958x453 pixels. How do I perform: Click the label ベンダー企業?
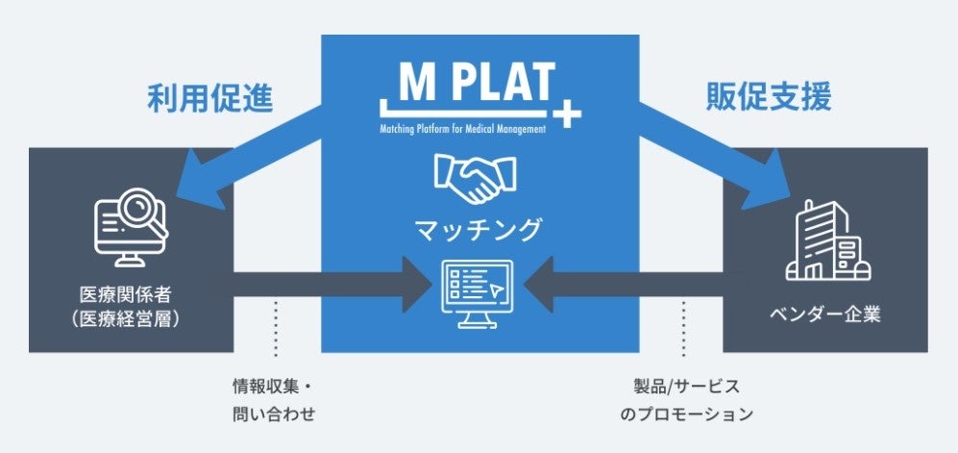tap(824, 315)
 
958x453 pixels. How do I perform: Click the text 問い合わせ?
tap(274, 415)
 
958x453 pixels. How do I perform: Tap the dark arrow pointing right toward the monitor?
tap(327, 286)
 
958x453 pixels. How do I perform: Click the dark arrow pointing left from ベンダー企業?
tap(625, 286)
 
